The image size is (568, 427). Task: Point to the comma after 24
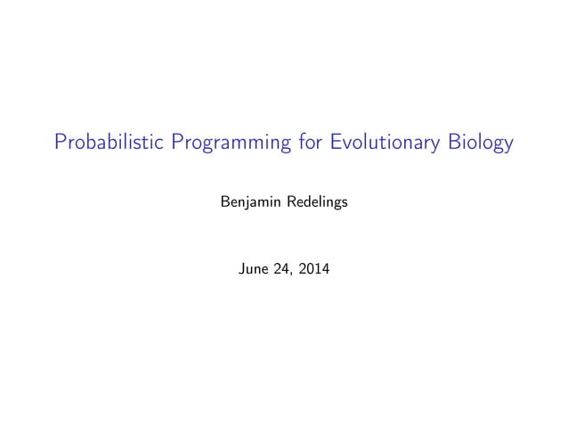[x=291, y=269]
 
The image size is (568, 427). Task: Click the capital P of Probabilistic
[x=60, y=143]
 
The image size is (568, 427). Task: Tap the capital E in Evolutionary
[x=336, y=143]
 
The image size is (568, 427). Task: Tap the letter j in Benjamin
[x=246, y=204]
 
